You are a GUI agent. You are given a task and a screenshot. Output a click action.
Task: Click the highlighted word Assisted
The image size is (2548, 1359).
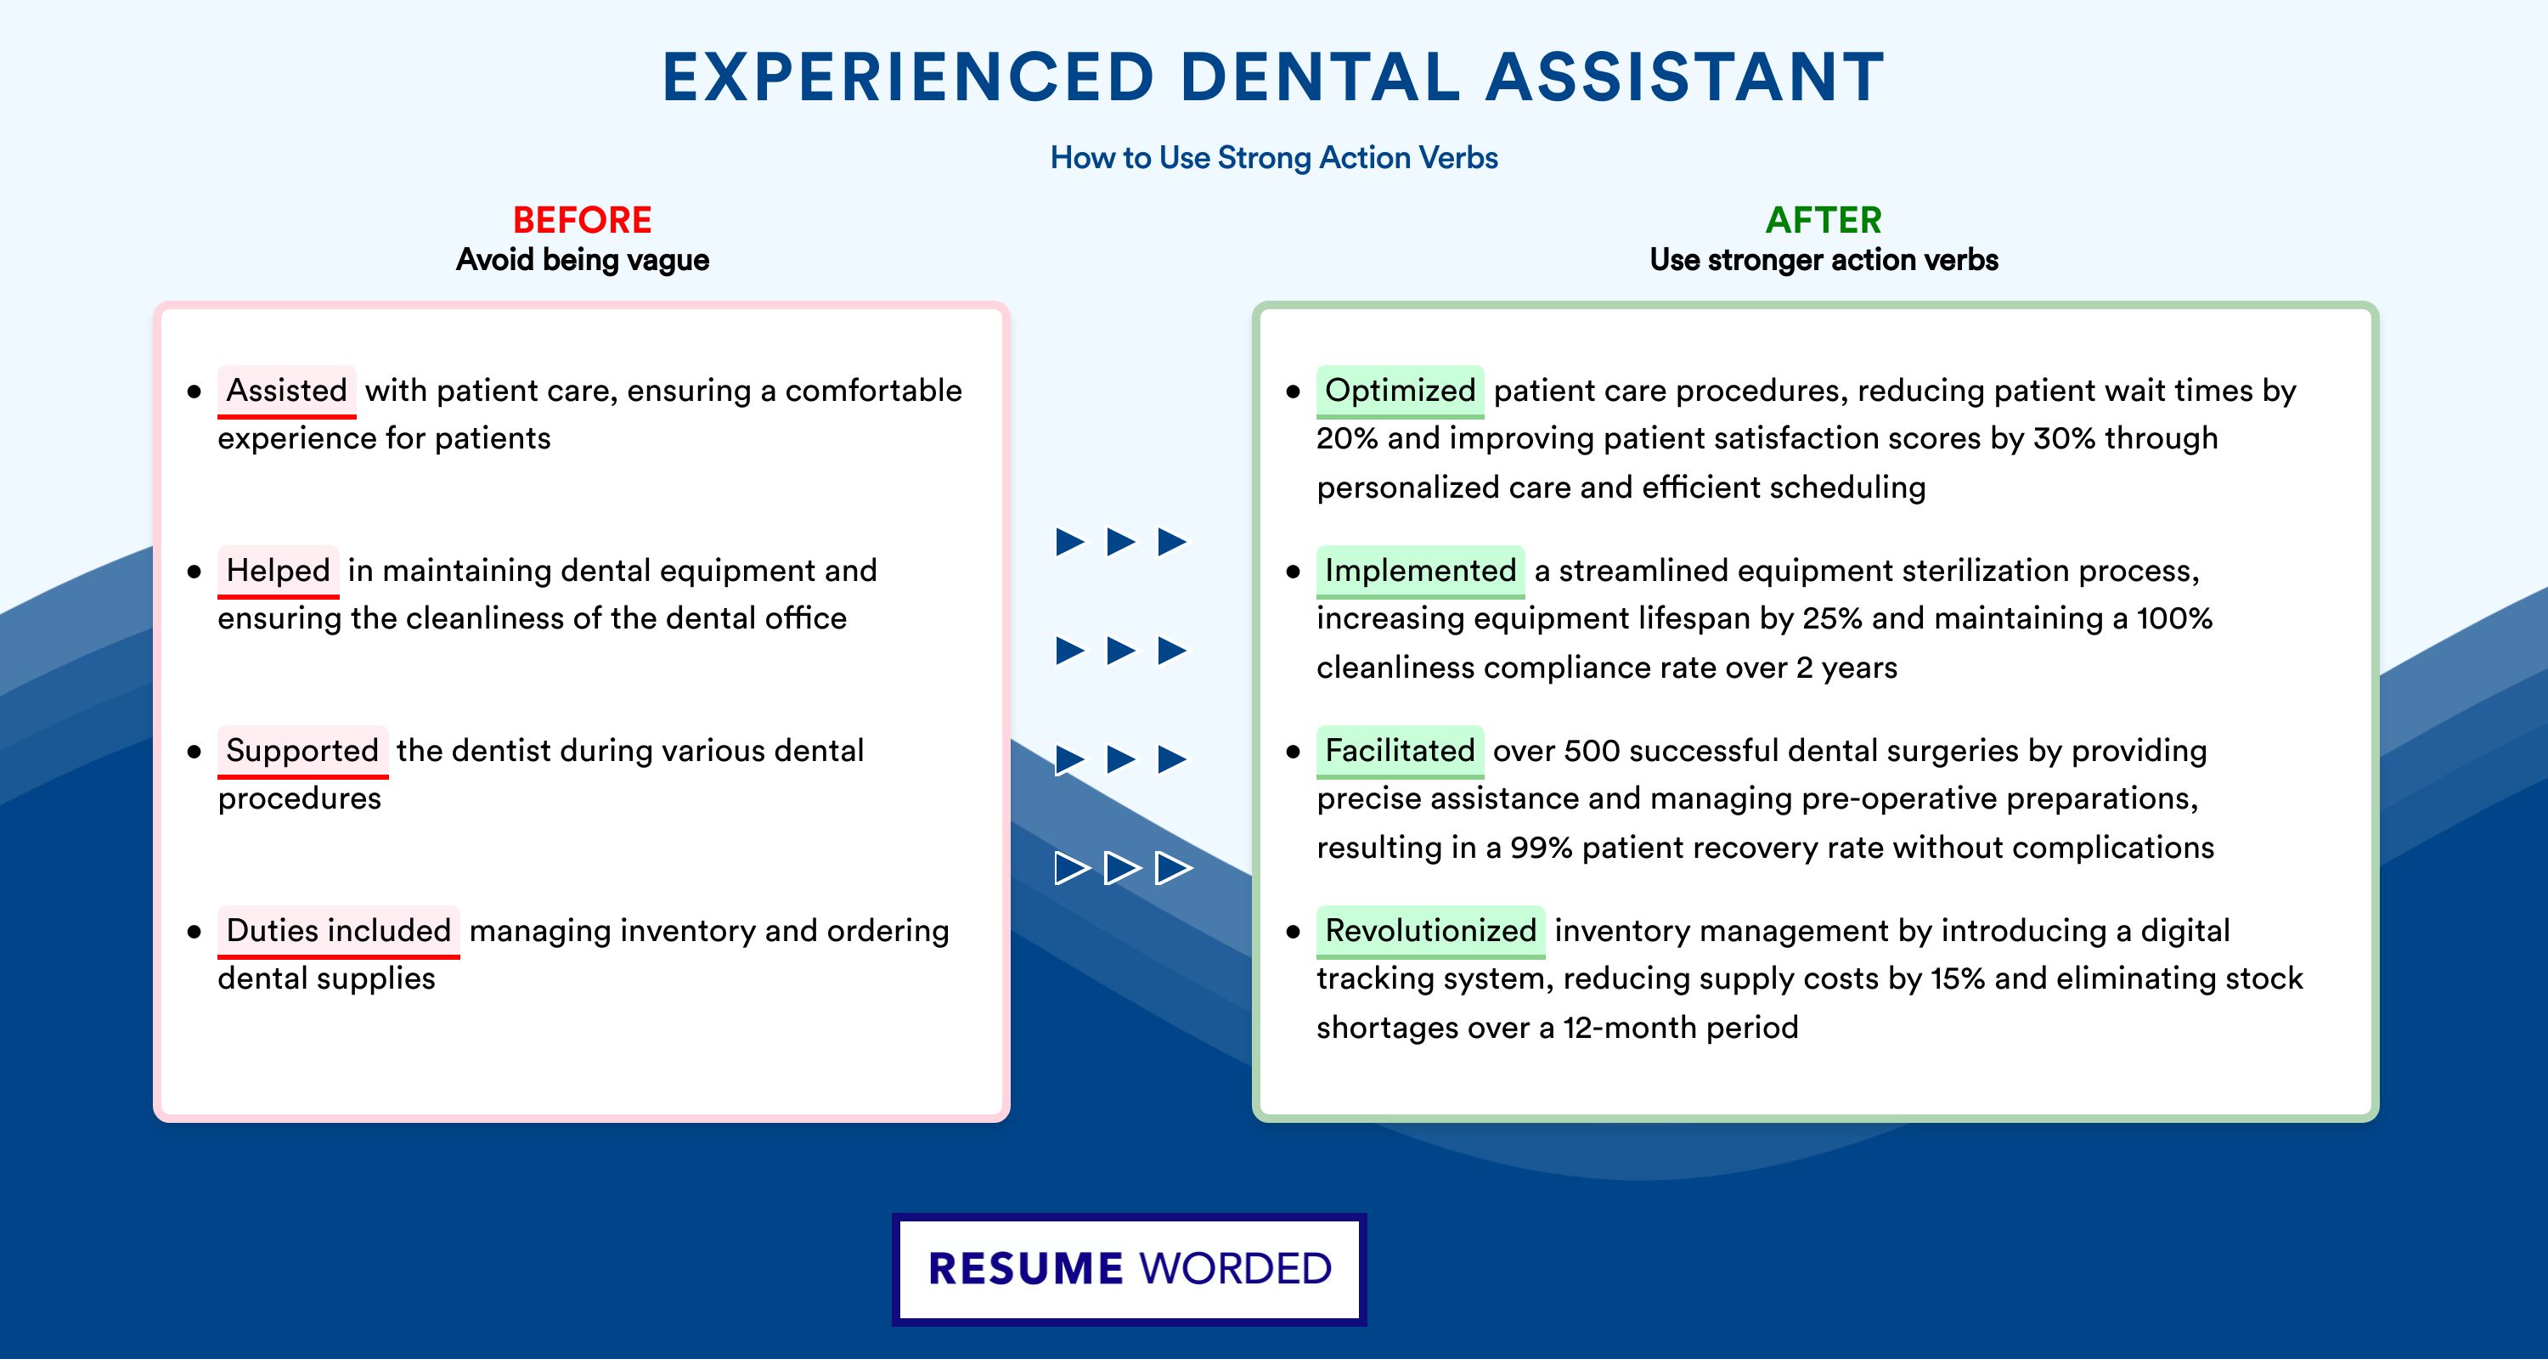point(287,391)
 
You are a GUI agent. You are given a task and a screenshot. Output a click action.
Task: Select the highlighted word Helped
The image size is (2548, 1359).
point(278,571)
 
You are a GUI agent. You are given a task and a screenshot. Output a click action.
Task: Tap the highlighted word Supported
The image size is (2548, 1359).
point(302,751)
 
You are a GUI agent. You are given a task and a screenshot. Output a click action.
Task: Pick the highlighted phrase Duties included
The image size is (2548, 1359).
point(338,931)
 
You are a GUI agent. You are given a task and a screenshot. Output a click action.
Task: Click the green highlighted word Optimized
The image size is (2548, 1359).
point(1400,391)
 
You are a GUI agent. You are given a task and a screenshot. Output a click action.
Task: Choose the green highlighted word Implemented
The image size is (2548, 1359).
point(1420,571)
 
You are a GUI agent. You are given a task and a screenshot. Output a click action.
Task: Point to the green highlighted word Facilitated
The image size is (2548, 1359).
point(1400,751)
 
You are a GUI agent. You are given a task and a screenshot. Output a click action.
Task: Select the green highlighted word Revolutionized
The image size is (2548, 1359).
point(1430,931)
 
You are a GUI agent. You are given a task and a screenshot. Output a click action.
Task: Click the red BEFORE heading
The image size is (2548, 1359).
point(583,220)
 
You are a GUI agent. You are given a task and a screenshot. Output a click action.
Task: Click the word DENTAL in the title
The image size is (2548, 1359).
point(1320,77)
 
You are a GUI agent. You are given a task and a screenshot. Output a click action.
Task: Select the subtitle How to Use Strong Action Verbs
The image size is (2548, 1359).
point(1274,158)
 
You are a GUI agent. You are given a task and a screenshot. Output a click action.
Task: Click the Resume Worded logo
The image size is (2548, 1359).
point(1130,1269)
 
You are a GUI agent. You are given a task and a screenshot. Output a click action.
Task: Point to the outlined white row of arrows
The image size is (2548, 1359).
point(1123,868)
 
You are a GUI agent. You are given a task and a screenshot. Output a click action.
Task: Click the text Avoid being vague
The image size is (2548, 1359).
point(583,260)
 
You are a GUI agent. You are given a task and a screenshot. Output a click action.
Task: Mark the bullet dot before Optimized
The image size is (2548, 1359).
point(1293,392)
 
